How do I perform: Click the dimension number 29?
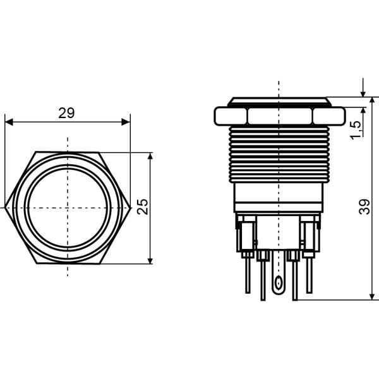66,113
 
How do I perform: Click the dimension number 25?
143,207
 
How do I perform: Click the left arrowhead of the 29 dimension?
8,122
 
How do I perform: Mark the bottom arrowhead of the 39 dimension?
369,296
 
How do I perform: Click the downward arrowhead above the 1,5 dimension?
364,93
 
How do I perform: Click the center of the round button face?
68,208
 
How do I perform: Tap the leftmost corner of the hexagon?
4,208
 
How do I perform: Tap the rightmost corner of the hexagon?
130,208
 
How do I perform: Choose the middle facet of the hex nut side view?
279,115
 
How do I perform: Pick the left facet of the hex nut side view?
231,115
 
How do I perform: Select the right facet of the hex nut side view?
327,115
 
